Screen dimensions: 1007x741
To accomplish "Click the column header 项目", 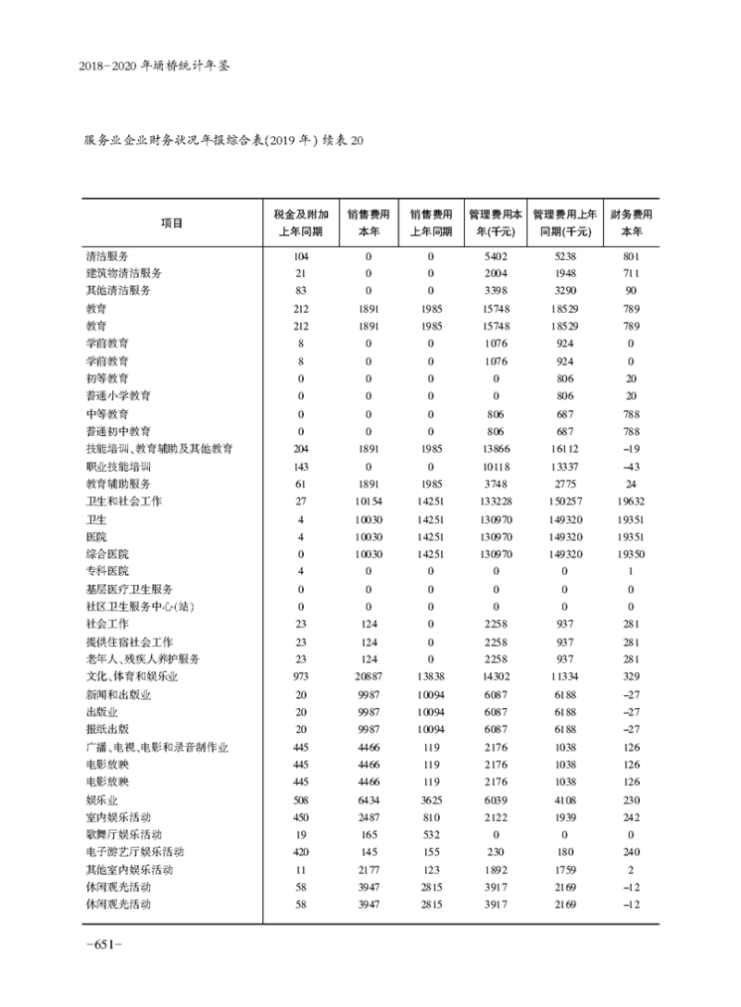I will click(171, 222).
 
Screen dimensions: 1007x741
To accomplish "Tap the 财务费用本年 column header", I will click(631, 222).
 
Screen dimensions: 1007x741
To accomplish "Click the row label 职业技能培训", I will click(119, 466).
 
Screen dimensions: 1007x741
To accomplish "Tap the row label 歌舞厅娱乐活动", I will click(124, 834).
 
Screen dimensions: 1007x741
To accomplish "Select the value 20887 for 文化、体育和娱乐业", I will click(367, 677).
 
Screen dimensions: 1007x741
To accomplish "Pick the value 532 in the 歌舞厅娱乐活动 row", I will click(431, 834).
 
